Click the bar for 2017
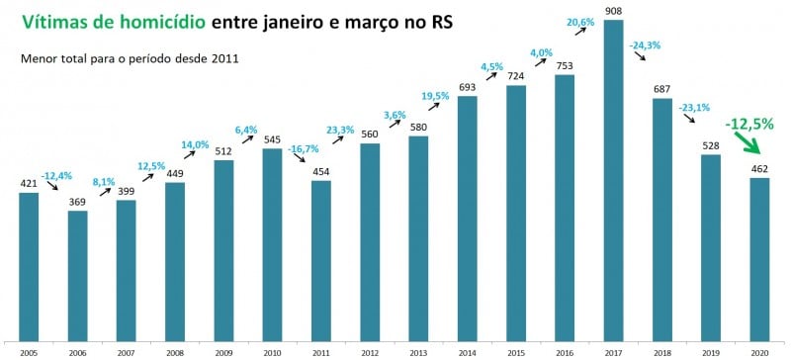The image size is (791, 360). click(x=613, y=178)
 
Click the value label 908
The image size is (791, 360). click(x=613, y=11)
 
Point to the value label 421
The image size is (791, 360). click(x=29, y=183)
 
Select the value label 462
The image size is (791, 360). click(x=759, y=169)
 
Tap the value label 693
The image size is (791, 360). click(x=467, y=88)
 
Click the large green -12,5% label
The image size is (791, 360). click(x=748, y=125)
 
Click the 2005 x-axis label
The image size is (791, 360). click(x=29, y=352)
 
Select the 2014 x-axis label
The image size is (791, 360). click(x=467, y=352)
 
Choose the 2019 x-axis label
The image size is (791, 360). click(x=711, y=352)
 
